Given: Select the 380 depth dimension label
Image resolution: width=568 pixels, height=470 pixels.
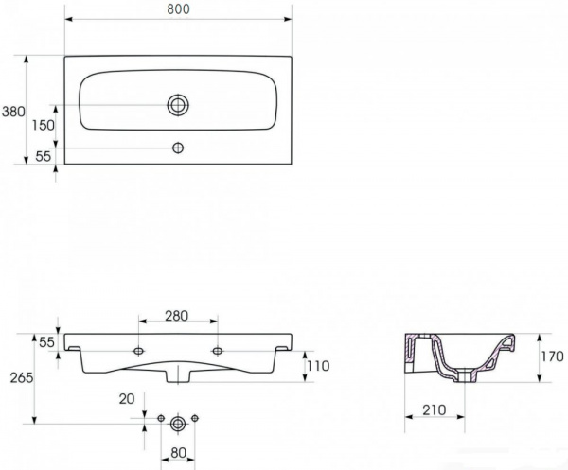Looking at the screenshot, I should [12, 111].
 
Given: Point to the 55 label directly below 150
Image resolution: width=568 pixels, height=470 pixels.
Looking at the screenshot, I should [44, 156].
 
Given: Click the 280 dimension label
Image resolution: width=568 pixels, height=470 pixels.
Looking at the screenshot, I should [178, 315].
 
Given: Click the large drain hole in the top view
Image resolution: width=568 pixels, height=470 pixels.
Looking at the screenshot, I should [178, 105].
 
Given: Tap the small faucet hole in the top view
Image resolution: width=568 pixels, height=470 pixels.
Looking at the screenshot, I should [178, 148].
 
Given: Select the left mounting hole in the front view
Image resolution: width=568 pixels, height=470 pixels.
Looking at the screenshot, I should [139, 351].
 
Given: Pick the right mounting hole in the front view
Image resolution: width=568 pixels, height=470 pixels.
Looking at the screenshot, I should [217, 351].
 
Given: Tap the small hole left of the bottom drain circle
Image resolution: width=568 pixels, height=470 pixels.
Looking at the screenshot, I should [161, 417].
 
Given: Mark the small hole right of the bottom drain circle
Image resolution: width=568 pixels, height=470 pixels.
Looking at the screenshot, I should [195, 417].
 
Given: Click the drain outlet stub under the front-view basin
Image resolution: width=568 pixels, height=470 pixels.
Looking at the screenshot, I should [178, 376].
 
